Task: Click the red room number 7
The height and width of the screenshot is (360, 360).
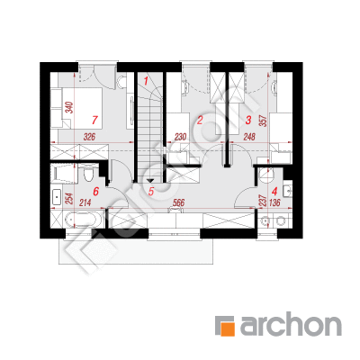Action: point(94,120)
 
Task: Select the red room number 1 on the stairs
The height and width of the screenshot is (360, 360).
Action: point(146,81)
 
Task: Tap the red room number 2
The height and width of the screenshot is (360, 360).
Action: point(200,121)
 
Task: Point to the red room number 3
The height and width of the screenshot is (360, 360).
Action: point(247,121)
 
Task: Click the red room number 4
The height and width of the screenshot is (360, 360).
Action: point(274,191)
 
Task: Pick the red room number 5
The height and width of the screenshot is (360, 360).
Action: point(151,191)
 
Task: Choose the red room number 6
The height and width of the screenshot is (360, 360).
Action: point(95,191)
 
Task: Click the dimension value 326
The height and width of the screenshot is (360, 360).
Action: point(89,137)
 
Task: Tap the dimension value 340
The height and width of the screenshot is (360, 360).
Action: point(69,108)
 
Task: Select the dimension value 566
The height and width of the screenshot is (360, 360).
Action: point(178,202)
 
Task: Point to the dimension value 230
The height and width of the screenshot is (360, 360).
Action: point(180,137)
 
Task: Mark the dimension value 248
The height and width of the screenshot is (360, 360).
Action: point(249,137)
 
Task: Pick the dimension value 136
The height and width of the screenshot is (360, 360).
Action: point(274,202)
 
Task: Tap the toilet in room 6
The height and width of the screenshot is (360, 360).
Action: point(88,174)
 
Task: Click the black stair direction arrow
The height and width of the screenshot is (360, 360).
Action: point(150,181)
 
